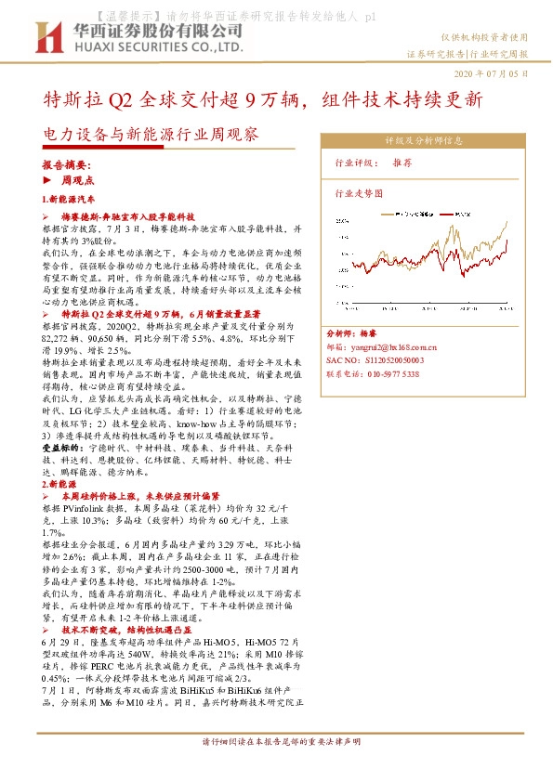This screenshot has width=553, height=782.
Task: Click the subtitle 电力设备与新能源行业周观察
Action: [152, 135]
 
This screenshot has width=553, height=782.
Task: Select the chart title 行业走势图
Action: [358, 194]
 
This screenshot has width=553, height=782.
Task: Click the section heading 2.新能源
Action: [59, 484]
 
